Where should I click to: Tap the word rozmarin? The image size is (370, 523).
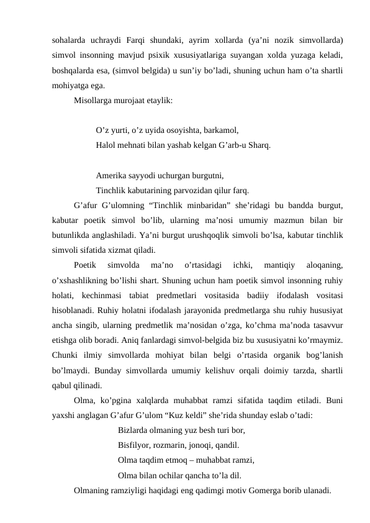(x=179, y=445)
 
